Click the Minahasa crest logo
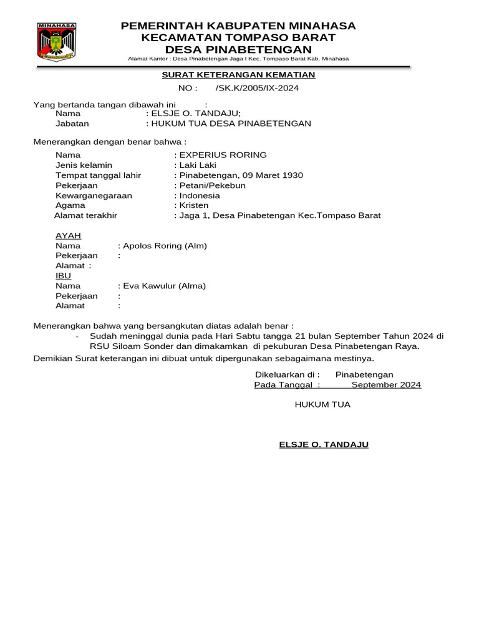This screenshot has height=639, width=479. pyautogui.click(x=57, y=41)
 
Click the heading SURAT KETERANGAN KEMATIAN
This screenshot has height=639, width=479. pyautogui.click(x=239, y=75)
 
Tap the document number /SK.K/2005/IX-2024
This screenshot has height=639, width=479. pyautogui.click(x=257, y=88)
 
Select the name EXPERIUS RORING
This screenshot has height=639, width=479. pyautogui.click(x=223, y=155)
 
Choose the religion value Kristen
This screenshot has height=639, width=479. pyautogui.click(x=194, y=205)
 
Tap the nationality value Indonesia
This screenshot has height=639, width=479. pyautogui.click(x=200, y=195)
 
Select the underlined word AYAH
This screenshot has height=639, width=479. pyautogui.click(x=69, y=236)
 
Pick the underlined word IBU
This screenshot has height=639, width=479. pyautogui.click(x=63, y=276)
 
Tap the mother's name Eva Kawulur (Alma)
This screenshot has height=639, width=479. pyautogui.click(x=164, y=286)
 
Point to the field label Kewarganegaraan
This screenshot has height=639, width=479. pyautogui.click(x=94, y=195)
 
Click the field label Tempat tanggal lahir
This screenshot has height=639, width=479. pyautogui.click(x=98, y=175)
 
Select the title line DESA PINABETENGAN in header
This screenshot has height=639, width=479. pyautogui.click(x=238, y=49)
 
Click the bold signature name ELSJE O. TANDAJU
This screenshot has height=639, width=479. pyautogui.click(x=324, y=444)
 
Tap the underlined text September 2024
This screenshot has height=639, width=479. pyautogui.click(x=386, y=384)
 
